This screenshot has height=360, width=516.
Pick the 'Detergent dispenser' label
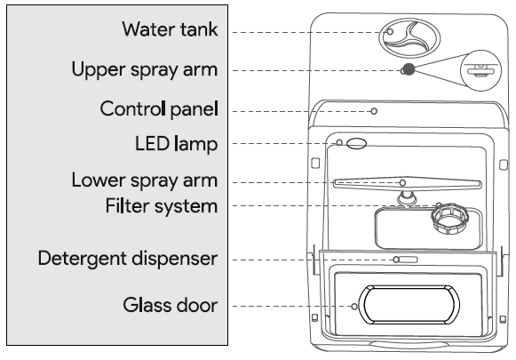pyautogui.click(x=127, y=259)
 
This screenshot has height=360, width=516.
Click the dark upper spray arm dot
pyautogui.click(x=408, y=70)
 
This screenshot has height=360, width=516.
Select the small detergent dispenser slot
pyautogui.click(x=406, y=260)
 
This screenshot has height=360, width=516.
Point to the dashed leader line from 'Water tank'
pyautogui.click(x=302, y=31)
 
